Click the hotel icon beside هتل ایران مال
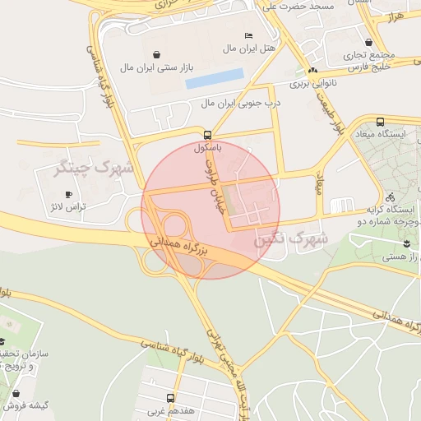pos(249,35)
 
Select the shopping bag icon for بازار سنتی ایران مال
pos(126,49)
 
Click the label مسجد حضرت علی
pos(298,7)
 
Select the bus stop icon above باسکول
pos(207,135)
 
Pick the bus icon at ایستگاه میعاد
pos(379,122)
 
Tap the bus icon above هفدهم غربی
pos(170,398)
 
